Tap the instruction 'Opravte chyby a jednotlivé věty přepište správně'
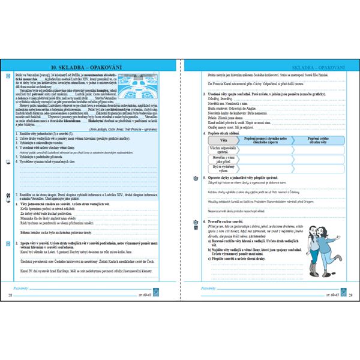pyautogui.click(x=252, y=178)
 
